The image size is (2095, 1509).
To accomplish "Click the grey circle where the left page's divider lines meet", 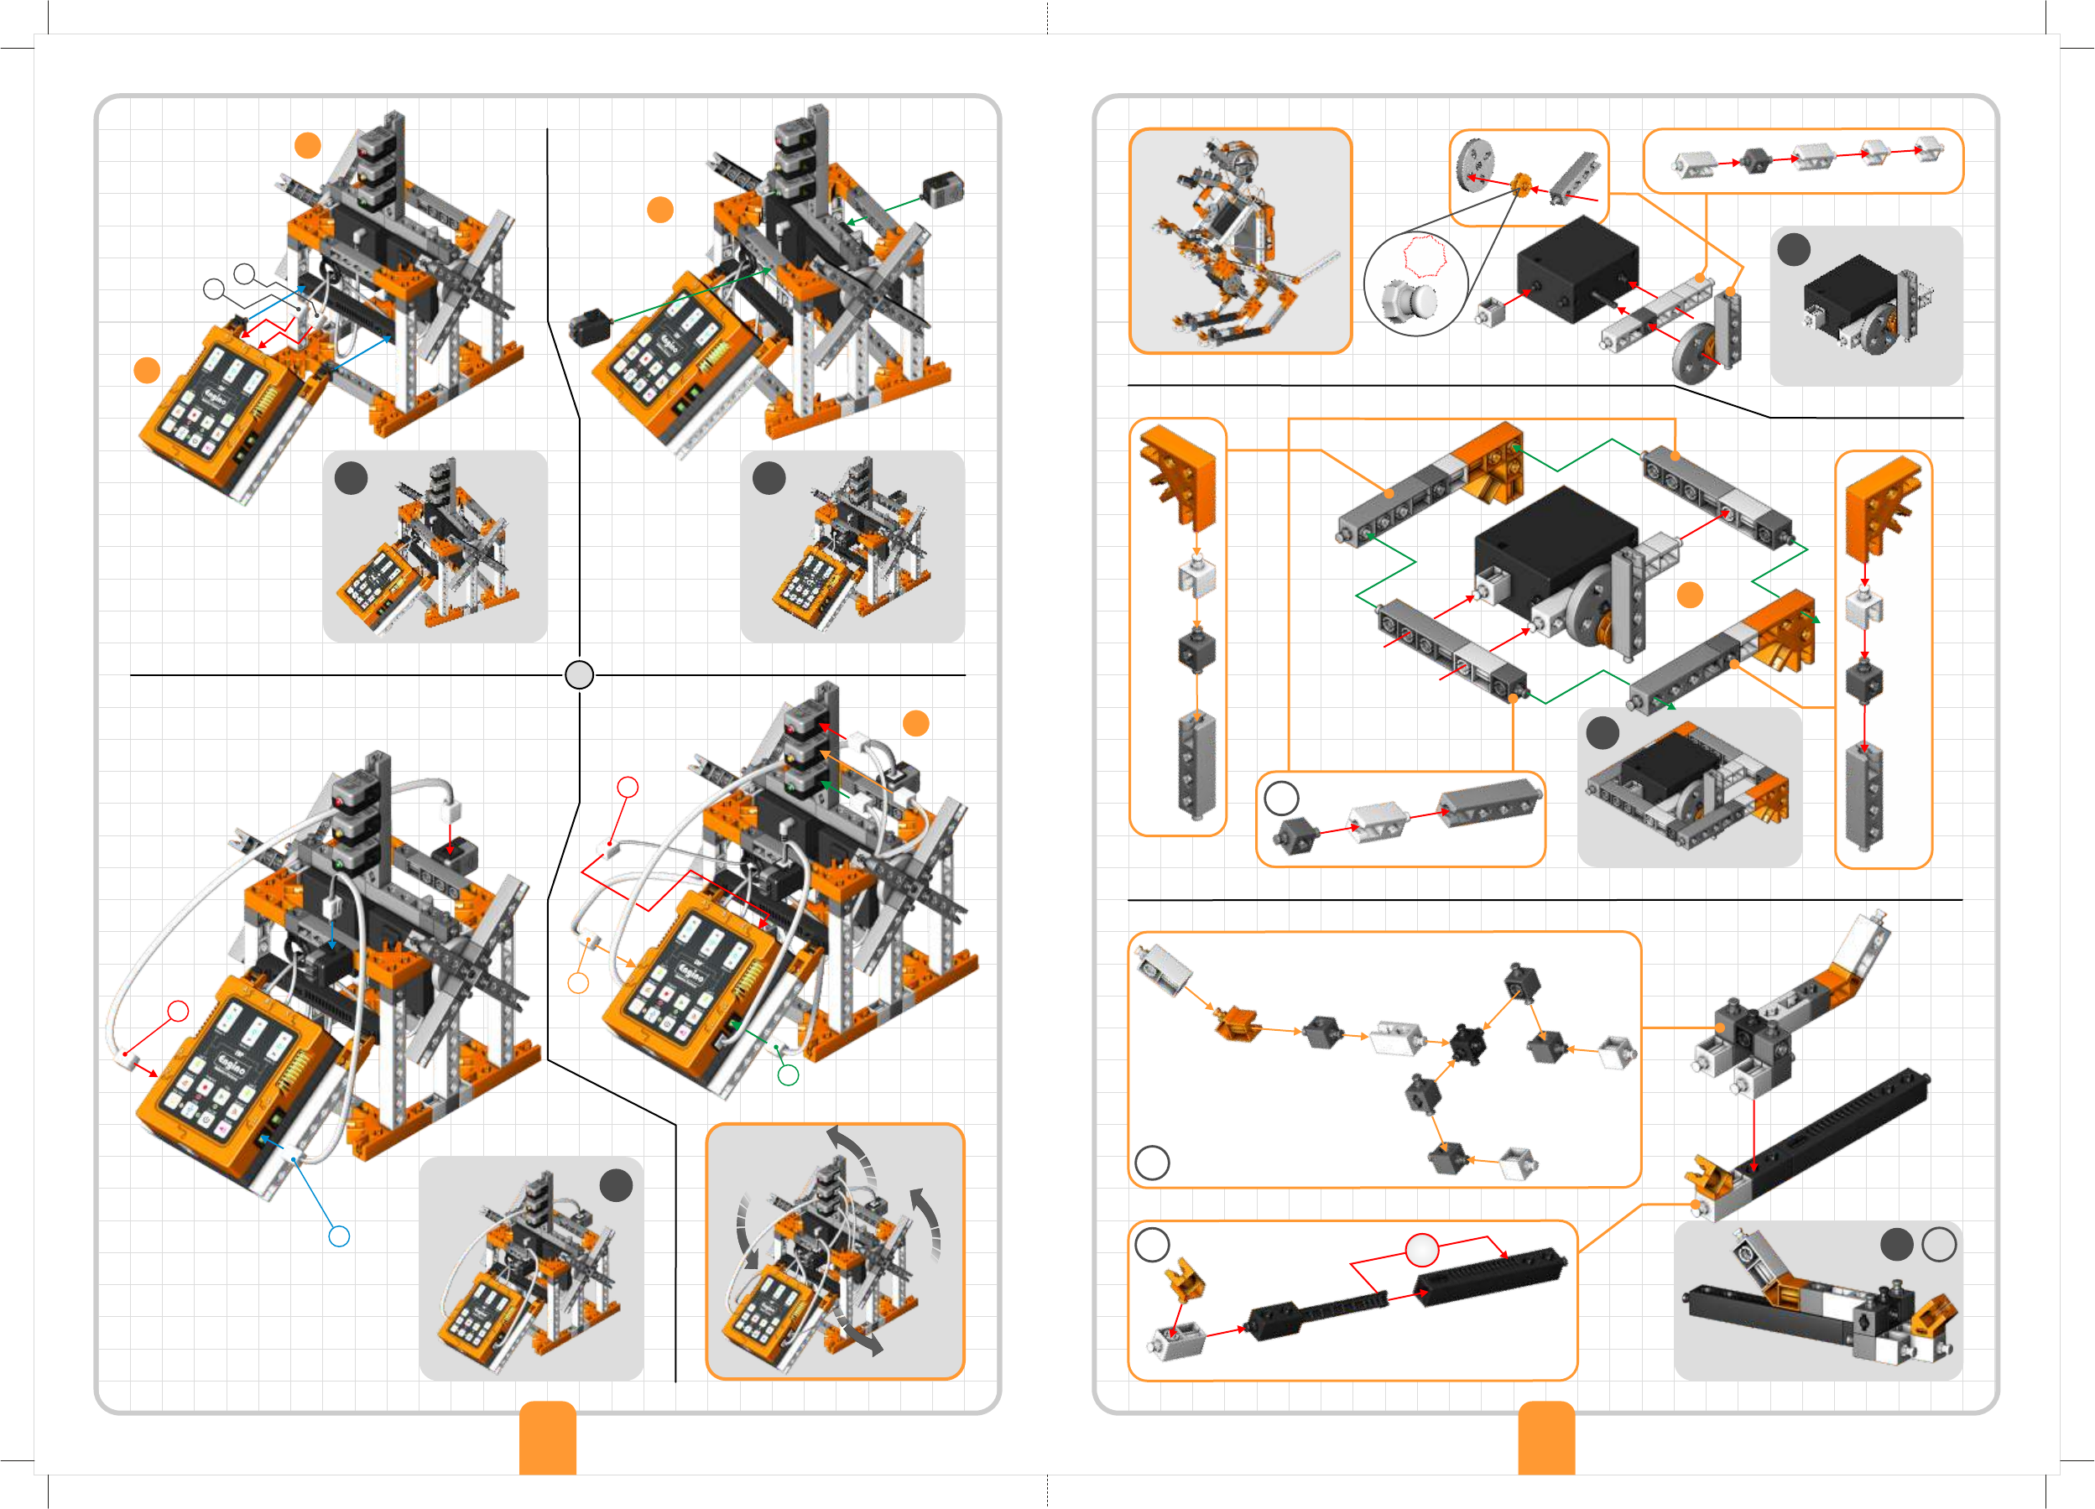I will pyautogui.click(x=579, y=675).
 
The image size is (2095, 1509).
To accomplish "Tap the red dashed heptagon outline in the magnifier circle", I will pyautogui.click(x=1425, y=256).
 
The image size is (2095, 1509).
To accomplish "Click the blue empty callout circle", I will pyautogui.click(x=339, y=1236).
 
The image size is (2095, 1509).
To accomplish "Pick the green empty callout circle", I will pyautogui.click(x=788, y=1075).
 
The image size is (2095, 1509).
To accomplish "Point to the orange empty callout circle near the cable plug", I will pyautogui.click(x=578, y=982).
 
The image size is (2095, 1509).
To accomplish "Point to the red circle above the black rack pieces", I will pyautogui.click(x=1422, y=1250).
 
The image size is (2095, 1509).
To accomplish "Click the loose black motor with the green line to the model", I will pyautogui.click(x=589, y=328).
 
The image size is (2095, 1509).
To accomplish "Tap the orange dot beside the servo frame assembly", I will pyautogui.click(x=1690, y=596).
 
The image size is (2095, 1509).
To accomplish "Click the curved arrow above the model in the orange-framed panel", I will pyautogui.click(x=852, y=1150).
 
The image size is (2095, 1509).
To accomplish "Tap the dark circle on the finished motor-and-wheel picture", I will pyautogui.click(x=1794, y=249).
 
